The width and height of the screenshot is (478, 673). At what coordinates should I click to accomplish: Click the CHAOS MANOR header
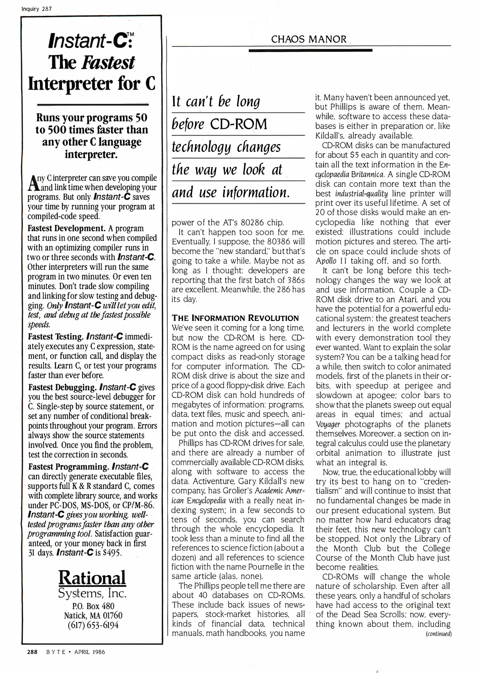308,39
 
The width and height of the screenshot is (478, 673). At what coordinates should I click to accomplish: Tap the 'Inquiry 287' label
36,9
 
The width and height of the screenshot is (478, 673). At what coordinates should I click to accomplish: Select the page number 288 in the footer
32,652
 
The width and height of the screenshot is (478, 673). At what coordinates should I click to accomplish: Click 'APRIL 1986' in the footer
89,652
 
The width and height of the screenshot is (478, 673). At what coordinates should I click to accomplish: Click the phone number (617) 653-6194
93,625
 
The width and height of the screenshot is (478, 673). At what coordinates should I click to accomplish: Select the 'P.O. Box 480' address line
93,606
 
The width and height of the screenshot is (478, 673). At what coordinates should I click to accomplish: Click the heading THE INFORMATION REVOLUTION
235,318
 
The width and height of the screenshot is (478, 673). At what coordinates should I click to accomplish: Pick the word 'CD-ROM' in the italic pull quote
239,124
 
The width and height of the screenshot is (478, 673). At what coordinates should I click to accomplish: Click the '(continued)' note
438,634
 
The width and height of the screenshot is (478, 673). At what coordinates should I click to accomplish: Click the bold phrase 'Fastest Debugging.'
62,388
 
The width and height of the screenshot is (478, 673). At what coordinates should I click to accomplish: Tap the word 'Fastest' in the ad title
108,63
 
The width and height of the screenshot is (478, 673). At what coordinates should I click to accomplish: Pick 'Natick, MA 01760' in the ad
93,616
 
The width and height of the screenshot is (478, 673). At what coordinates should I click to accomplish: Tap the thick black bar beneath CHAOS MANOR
310,50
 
